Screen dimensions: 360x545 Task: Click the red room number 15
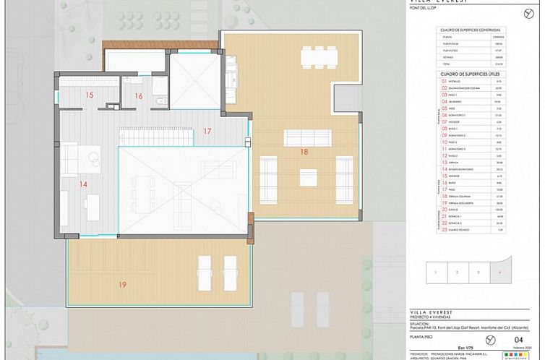point(90,95)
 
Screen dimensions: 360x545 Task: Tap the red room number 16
point(139,95)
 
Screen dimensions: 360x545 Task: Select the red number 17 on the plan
point(207,132)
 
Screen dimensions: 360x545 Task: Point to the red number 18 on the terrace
point(304,152)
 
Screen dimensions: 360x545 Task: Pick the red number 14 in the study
point(83,184)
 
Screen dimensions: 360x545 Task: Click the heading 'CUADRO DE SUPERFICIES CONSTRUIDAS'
point(471,30)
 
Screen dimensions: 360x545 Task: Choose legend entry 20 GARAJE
point(455,210)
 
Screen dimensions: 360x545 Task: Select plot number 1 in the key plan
point(436,273)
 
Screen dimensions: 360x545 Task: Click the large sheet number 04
point(517,338)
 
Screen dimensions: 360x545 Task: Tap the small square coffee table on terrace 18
point(308,176)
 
